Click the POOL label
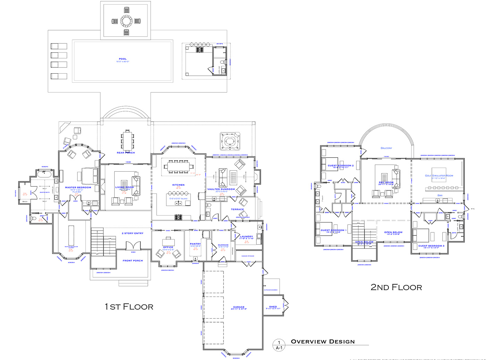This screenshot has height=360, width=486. click(x=123, y=59)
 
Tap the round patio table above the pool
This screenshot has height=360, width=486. click(x=126, y=21)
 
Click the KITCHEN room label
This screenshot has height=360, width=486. click(x=178, y=185)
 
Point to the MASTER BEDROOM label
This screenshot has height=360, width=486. click(x=78, y=187)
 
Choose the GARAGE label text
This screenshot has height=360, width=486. click(x=239, y=307)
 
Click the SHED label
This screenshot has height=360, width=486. click(x=273, y=307)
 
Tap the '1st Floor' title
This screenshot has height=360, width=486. click(x=129, y=306)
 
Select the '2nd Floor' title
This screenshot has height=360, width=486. click(x=396, y=287)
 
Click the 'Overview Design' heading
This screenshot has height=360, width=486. click(x=323, y=342)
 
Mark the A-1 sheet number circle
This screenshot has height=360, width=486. click(x=279, y=345)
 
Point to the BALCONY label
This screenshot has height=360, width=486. click(x=386, y=148)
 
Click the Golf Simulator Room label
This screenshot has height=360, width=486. click(x=439, y=175)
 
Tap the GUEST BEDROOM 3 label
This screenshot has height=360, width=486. click(x=431, y=246)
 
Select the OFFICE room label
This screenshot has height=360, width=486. click(x=168, y=247)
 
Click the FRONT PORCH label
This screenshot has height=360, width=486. click(x=133, y=261)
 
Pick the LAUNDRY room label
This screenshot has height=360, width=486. click(x=246, y=237)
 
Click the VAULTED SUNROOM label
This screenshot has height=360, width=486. click(x=221, y=189)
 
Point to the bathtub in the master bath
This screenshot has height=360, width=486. click(x=45, y=173)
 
